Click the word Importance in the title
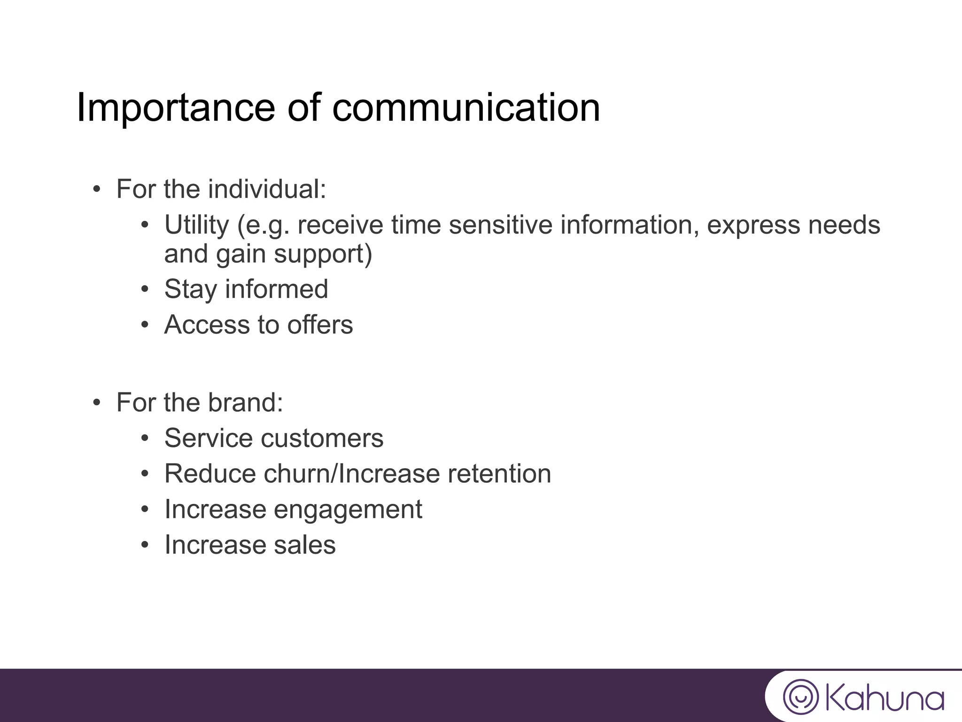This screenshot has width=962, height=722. click(175, 108)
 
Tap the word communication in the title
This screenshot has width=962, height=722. click(466, 108)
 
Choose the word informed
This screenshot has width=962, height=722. click(276, 289)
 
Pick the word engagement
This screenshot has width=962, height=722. click(348, 510)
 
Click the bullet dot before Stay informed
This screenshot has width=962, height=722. click(145, 290)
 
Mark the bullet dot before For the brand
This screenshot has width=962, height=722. click(97, 403)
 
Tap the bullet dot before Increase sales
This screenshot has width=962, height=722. click(145, 546)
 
